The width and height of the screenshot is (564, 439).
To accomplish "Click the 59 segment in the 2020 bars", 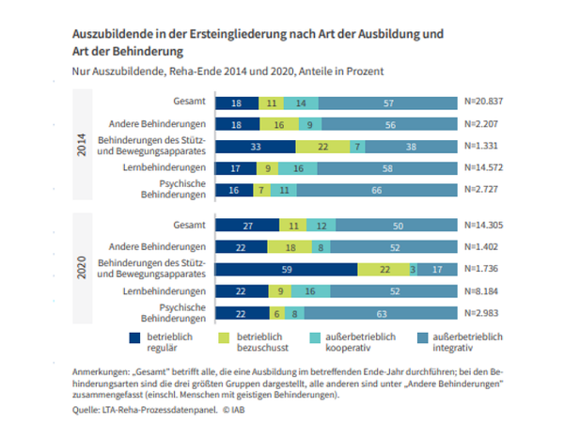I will (286, 270).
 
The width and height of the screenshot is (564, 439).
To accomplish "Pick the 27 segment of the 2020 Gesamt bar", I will (248, 227).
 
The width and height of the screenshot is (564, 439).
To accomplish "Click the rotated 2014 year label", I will (82, 146).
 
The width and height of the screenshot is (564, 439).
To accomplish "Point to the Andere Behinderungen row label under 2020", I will (159, 248).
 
